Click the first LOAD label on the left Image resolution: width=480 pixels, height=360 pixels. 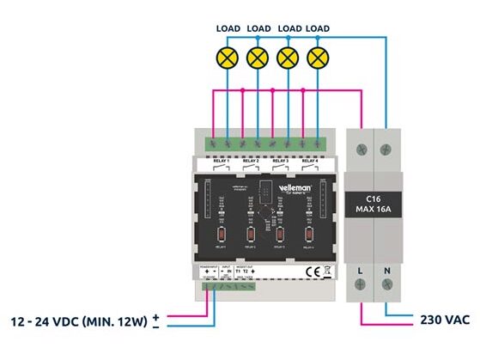coord(228,28)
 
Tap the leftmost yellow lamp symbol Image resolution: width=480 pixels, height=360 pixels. coord(227,58)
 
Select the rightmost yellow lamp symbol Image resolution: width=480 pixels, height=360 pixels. coord(318,58)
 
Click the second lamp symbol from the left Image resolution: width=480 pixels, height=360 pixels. coord(258,58)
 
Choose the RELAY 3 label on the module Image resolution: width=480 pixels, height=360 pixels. coord(281,161)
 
